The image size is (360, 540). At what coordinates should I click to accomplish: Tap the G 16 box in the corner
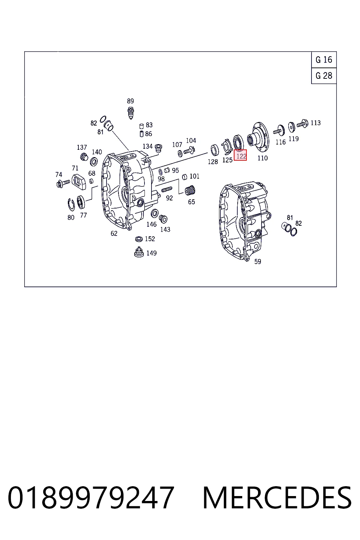pyautogui.click(x=324, y=59)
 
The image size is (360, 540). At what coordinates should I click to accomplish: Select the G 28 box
pyautogui.click(x=324, y=76)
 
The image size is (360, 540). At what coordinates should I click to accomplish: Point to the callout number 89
pyautogui.click(x=130, y=101)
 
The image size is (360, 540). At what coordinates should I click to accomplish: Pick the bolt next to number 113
pyautogui.click(x=303, y=124)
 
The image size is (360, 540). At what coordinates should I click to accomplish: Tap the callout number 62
pyautogui.click(x=114, y=233)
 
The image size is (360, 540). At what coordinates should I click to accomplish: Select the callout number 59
pyautogui.click(x=258, y=261)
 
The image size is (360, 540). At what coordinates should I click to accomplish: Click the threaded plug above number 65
pyautogui.click(x=190, y=191)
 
